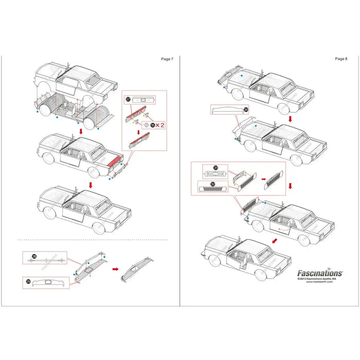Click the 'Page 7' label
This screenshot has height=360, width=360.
pyautogui.click(x=167, y=59)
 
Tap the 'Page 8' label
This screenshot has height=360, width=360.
pyautogui.click(x=341, y=59)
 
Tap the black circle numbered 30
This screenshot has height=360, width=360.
pyautogui.click(x=246, y=110)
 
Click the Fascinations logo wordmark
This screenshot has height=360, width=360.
pyautogui.click(x=319, y=273)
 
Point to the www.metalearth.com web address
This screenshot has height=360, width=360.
pyautogui.click(x=320, y=282)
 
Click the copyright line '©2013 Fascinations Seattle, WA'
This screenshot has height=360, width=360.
pyautogui.click(x=319, y=279)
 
